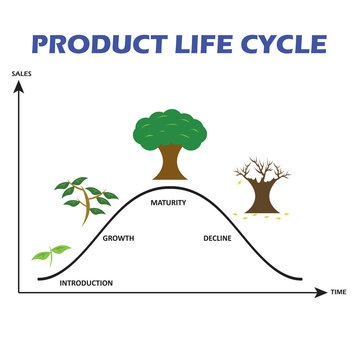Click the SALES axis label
[20, 74]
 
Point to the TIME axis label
[338, 293]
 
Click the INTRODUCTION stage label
[86, 283]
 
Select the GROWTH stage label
[119, 238]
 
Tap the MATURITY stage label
[168, 203]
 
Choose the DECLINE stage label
[217, 238]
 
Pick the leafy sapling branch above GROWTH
[83, 197]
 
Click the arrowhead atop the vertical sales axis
[18, 85]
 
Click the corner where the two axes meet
[18, 293]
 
